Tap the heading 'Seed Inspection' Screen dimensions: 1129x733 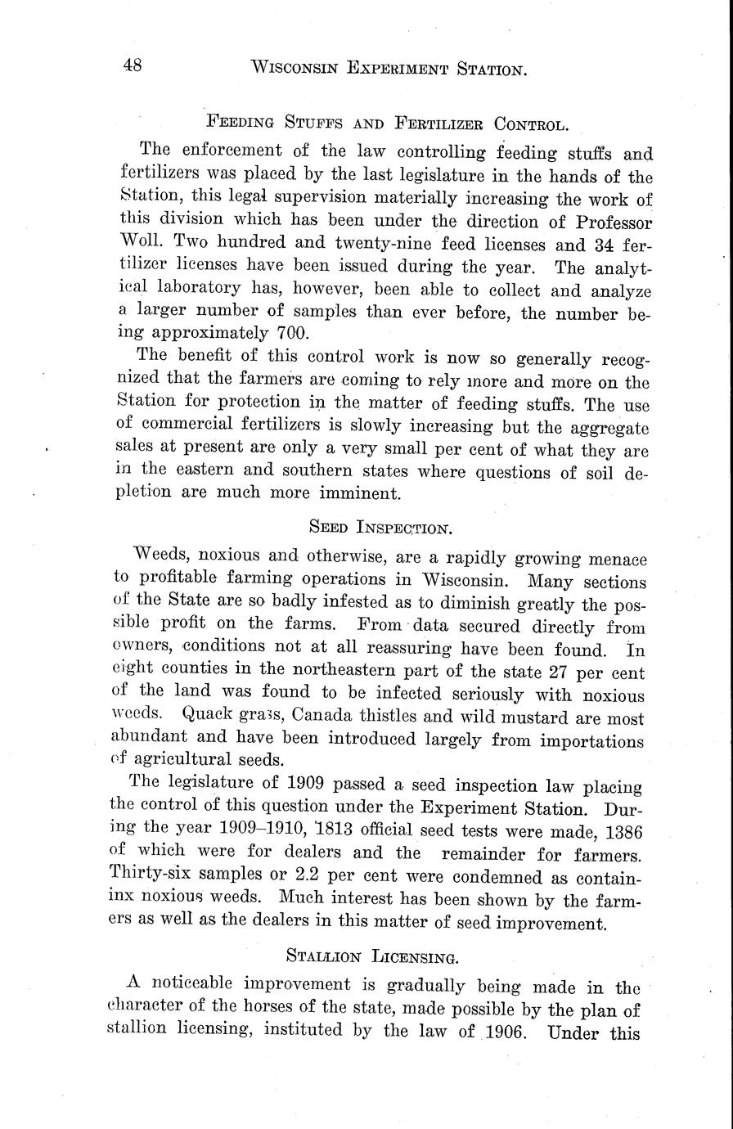point(387,527)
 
